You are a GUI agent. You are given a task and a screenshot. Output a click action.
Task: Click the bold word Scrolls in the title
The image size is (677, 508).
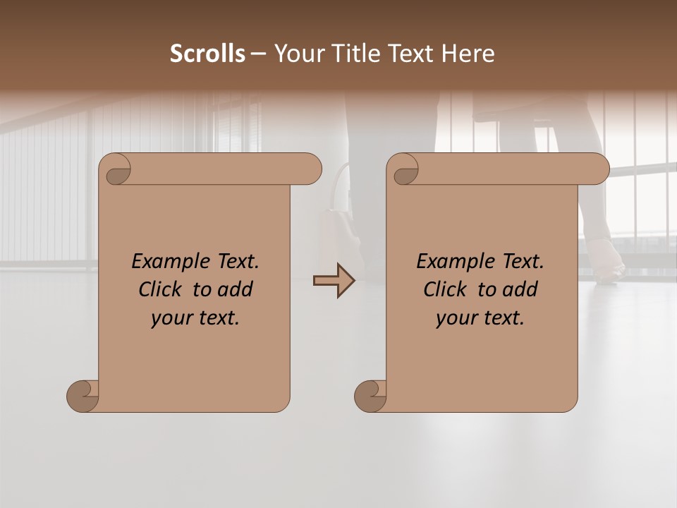click(207, 54)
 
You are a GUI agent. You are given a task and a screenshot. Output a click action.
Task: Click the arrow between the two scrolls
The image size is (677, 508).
click(334, 280)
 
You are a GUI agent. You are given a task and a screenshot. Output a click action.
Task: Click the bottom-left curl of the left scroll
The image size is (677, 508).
click(83, 395)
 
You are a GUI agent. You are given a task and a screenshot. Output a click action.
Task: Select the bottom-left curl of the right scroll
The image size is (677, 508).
click(370, 395)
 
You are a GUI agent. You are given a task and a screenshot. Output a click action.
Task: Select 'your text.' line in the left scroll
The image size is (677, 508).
click(195, 318)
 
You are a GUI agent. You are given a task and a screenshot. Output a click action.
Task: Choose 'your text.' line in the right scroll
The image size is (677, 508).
click(480, 318)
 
